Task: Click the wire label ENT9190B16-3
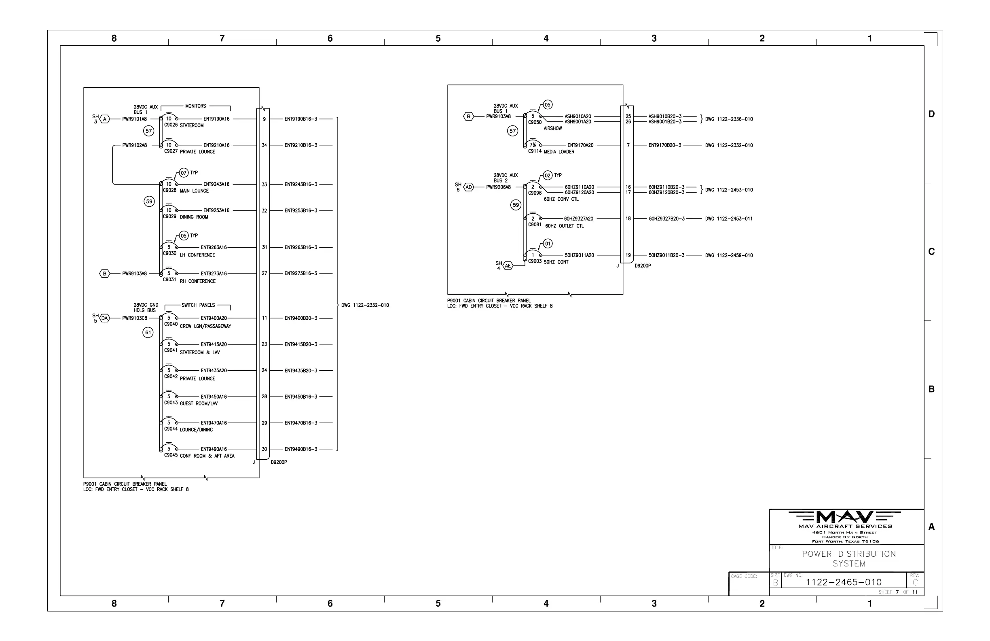(x=301, y=119)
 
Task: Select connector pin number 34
(x=264, y=145)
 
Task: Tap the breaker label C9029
(x=170, y=216)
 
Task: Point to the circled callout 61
(x=148, y=333)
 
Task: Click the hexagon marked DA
(x=104, y=318)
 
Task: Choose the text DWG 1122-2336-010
(x=729, y=119)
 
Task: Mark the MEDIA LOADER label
(x=559, y=152)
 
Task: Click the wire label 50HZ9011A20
(x=579, y=255)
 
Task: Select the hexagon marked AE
(x=508, y=265)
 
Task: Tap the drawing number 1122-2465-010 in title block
(x=844, y=582)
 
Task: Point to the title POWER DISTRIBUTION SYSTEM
(x=848, y=558)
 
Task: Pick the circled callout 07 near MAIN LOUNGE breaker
(x=184, y=173)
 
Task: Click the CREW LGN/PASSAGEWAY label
(x=205, y=326)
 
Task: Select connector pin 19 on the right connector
(x=628, y=255)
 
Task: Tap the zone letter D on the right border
(x=931, y=114)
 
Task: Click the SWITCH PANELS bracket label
(x=198, y=305)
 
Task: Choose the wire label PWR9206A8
(x=498, y=187)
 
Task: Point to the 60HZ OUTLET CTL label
(x=565, y=226)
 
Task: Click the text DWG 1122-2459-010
(x=729, y=255)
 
